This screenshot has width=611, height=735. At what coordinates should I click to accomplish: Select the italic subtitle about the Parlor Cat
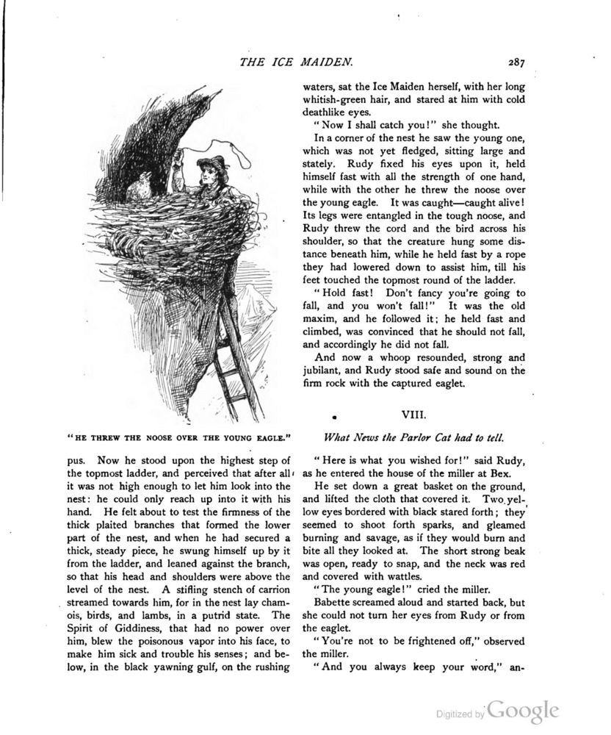(413, 438)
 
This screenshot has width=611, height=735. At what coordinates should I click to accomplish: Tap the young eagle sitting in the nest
(141, 187)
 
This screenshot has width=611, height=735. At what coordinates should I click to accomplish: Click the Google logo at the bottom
(524, 711)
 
